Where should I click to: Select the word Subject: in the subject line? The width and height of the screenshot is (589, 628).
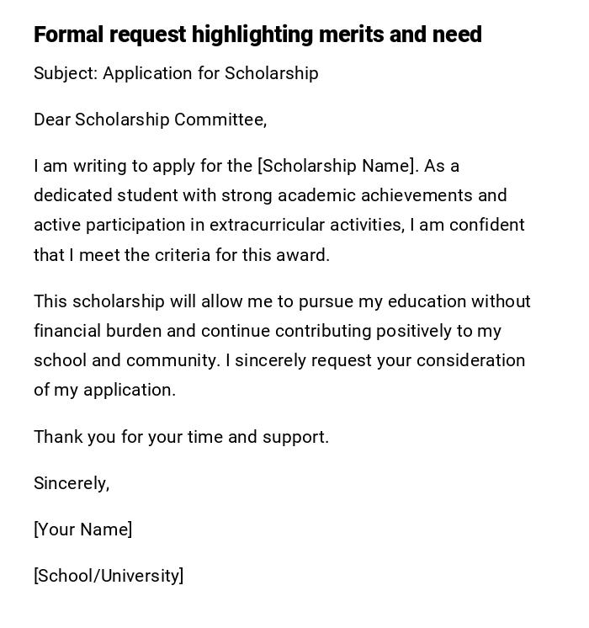[x=66, y=73]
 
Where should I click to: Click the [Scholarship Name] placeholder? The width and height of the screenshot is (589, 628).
[x=337, y=166]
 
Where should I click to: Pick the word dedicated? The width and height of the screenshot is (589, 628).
[x=72, y=195]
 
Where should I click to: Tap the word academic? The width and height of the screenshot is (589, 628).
[x=316, y=195]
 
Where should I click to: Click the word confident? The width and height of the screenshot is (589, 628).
[x=487, y=225]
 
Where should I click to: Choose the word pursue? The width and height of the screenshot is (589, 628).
[x=326, y=301]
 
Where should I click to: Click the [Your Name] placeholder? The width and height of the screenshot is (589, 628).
[x=82, y=530]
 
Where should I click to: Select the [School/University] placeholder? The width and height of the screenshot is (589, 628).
[x=109, y=576]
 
